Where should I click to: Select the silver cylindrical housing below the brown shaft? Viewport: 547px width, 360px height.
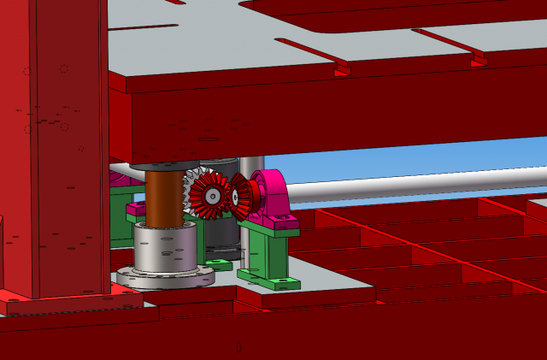pos(165,248)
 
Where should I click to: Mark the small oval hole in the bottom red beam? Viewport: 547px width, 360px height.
pos(238,346)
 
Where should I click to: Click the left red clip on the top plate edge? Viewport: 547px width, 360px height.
pos(341,68)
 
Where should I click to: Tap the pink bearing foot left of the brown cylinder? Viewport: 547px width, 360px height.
pos(136,208)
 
